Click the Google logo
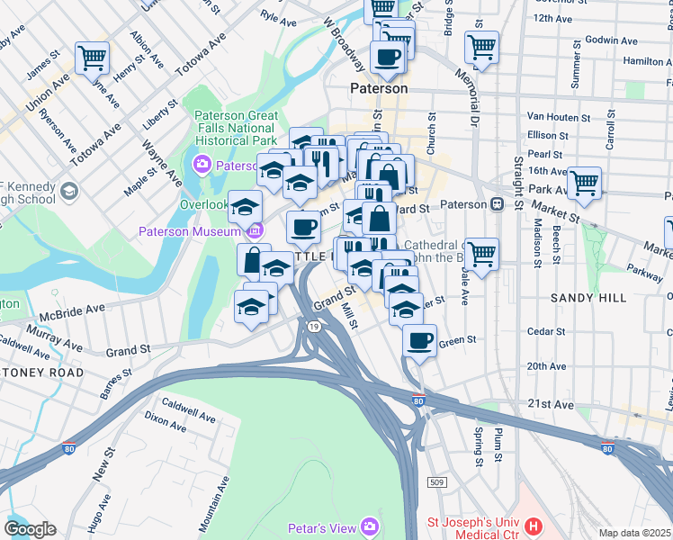(x=30, y=529)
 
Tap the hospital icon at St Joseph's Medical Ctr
(x=534, y=526)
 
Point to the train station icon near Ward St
(x=497, y=203)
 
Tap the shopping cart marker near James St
(x=93, y=59)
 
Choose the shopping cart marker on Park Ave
(x=585, y=184)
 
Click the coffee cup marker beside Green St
(x=418, y=341)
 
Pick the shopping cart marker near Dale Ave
(x=482, y=255)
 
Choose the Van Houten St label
(x=556, y=116)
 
